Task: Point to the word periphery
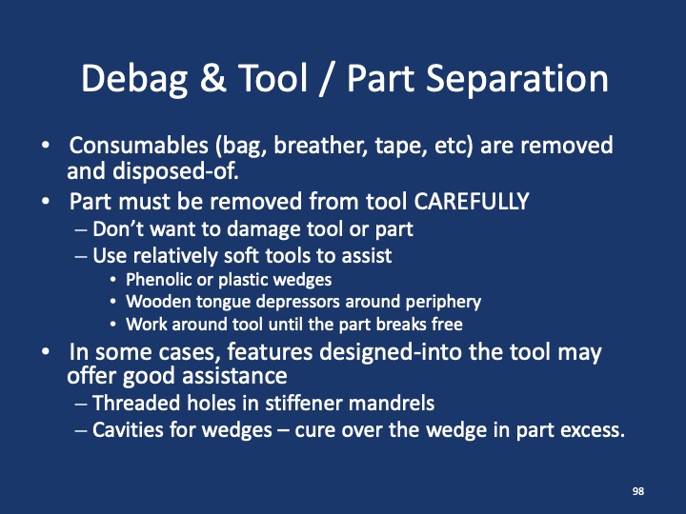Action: pyautogui.click(x=439, y=302)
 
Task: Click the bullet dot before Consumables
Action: pyautogui.click(x=47, y=148)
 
